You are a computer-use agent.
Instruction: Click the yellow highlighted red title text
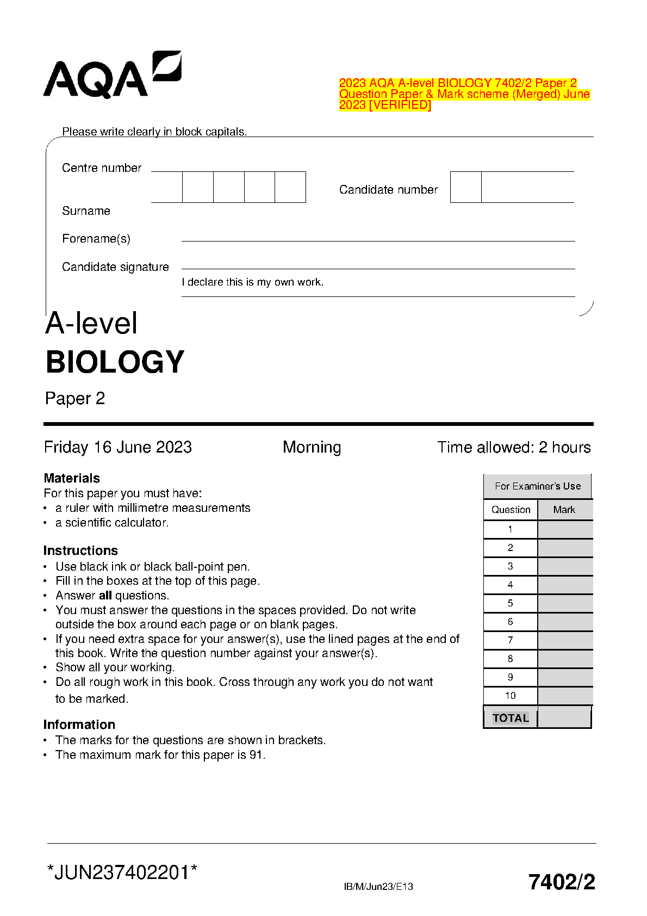click(x=464, y=94)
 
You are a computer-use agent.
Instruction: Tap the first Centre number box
click(x=166, y=187)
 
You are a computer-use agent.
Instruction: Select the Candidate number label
click(x=388, y=190)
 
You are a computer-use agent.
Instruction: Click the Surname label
click(x=86, y=211)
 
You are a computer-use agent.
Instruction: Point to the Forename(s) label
click(x=96, y=239)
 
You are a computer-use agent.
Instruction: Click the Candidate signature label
click(x=115, y=267)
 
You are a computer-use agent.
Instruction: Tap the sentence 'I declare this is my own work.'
click(x=252, y=282)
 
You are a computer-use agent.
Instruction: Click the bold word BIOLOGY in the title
click(x=115, y=362)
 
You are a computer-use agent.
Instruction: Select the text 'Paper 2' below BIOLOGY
click(x=75, y=399)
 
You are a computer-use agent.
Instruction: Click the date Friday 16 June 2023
click(x=118, y=447)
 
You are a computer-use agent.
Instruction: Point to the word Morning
click(x=312, y=447)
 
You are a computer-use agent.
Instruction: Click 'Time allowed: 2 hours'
click(x=514, y=447)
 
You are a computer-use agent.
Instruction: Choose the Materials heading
click(x=72, y=478)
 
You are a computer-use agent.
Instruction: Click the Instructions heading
click(x=80, y=550)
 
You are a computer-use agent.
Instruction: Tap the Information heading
click(x=79, y=725)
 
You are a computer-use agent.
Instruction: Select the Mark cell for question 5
click(x=565, y=603)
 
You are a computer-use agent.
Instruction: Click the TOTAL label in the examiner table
click(x=511, y=718)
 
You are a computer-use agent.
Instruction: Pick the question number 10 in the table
click(x=511, y=696)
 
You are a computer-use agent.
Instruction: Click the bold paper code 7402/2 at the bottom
click(x=562, y=882)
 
